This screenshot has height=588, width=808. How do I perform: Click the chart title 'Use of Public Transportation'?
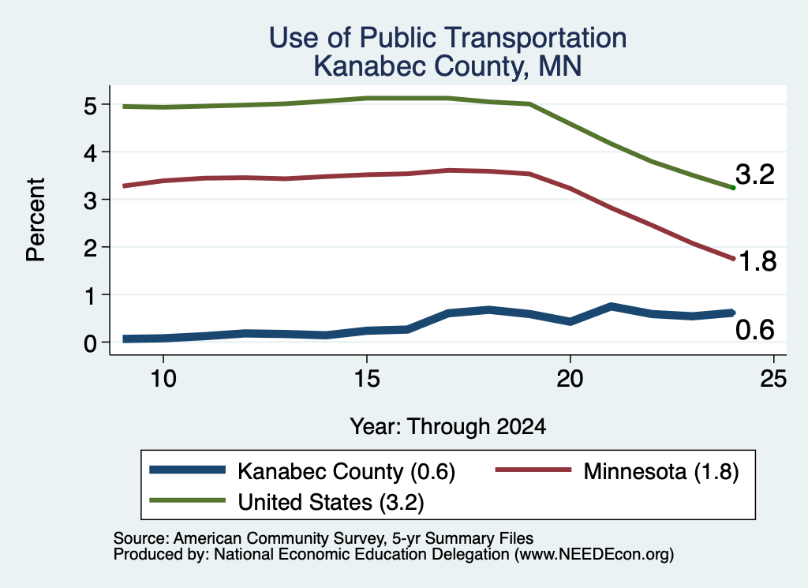click(447, 38)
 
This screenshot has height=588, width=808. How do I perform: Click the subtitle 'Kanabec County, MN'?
click(447, 66)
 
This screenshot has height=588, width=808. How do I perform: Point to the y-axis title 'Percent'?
click(36, 219)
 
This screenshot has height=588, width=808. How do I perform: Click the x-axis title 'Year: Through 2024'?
click(447, 427)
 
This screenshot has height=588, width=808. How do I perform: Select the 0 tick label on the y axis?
click(91, 343)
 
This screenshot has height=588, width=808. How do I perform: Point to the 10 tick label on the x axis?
click(163, 380)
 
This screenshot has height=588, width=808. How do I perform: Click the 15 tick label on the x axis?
click(366, 380)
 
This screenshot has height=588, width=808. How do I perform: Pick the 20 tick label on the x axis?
click(570, 380)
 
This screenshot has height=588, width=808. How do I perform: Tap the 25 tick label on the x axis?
click(773, 380)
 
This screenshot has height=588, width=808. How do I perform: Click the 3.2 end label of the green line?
click(755, 174)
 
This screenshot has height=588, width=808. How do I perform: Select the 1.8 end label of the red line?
click(757, 261)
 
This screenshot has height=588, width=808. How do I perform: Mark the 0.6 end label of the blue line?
click(755, 330)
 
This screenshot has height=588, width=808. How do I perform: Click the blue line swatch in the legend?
click(187, 470)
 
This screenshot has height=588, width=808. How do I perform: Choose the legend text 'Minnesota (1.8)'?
click(661, 471)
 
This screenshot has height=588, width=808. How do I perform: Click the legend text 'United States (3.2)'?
click(331, 502)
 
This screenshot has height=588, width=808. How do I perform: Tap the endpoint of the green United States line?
click(733, 188)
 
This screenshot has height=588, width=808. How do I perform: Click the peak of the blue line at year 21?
click(611, 306)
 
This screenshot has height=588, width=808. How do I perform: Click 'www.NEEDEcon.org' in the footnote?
click(594, 554)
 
